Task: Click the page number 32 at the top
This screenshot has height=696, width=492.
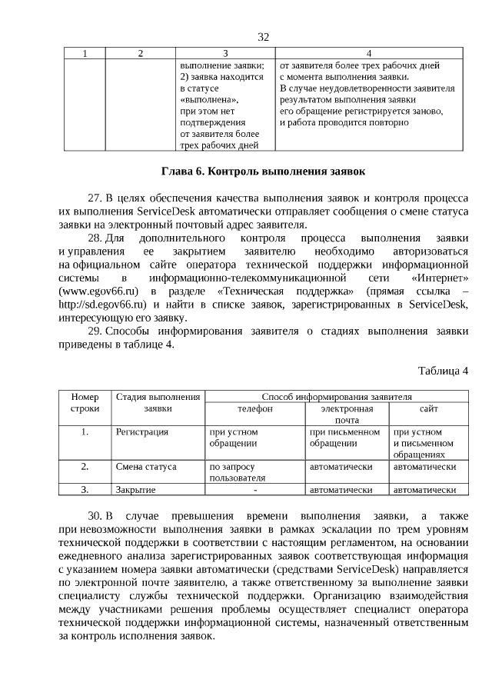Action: pos(264,37)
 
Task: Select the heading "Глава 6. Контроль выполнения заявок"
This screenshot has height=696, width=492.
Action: pos(264,171)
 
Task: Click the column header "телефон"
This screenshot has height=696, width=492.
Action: pos(254,409)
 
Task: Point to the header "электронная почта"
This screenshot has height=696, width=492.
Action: pos(347,415)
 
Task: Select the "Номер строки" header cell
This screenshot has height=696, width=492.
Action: pos(85,402)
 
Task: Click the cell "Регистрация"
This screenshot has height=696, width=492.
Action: pos(141,432)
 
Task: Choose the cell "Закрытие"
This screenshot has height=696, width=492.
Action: pos(136,489)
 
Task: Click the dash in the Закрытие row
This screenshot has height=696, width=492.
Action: pos(254,489)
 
